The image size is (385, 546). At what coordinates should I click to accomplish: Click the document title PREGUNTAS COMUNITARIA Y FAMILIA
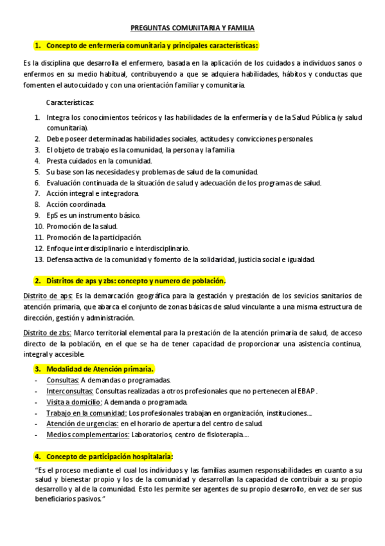192,29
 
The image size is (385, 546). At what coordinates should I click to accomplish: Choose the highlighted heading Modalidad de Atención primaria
100,369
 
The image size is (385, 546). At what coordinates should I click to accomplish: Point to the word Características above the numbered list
70,102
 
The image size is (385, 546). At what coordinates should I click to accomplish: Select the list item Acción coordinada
73,203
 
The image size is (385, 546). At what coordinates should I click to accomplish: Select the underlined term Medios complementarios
87,435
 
